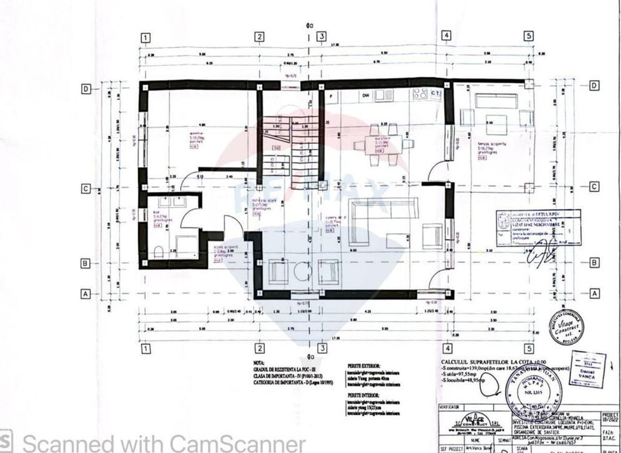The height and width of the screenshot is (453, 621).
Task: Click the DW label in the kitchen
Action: pos(365,95)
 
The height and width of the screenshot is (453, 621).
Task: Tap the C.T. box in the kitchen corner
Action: pos(435,94)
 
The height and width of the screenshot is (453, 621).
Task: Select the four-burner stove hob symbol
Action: pos(420,94)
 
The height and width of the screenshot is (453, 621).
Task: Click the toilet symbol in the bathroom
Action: pos(159,252)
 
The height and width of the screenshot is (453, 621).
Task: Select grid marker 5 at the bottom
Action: pos(528,348)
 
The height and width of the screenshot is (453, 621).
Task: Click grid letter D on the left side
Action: pos(86,89)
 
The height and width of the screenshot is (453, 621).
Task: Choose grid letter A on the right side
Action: pos(595,293)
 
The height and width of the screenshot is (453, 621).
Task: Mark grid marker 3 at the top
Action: pos(321,36)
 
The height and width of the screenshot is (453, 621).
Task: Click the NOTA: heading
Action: pos(259,363)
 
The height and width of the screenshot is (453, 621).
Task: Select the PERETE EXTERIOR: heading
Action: pos(364,366)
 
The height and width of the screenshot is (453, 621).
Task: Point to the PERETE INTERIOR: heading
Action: pos(364,395)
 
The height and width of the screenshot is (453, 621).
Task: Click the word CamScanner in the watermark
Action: pos(238,444)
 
